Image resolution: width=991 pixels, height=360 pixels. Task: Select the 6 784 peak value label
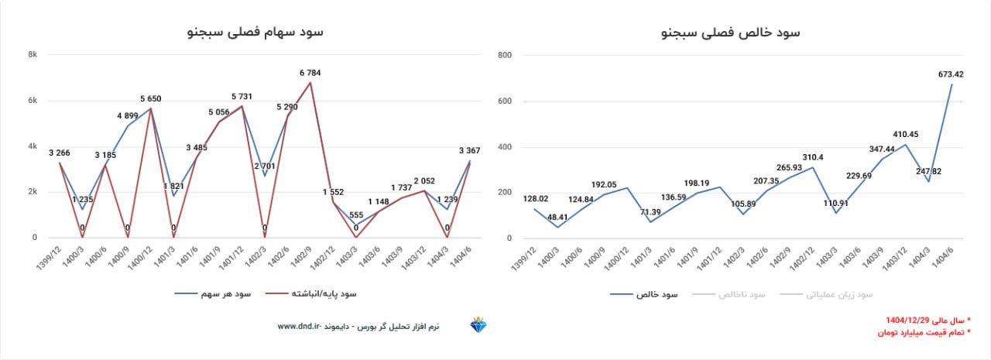pyautogui.click(x=310, y=74)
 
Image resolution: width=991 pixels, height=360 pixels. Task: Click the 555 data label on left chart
pyautogui.click(x=356, y=214)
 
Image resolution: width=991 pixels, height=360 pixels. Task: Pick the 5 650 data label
pyautogui.click(x=151, y=99)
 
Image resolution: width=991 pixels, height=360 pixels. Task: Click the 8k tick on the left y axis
pyautogui.click(x=33, y=55)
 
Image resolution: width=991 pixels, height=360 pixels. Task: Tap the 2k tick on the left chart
pyautogui.click(x=33, y=193)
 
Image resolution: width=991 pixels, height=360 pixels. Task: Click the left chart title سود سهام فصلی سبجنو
pyautogui.click(x=255, y=33)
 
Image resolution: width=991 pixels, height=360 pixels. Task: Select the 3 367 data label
pyautogui.click(x=471, y=151)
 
